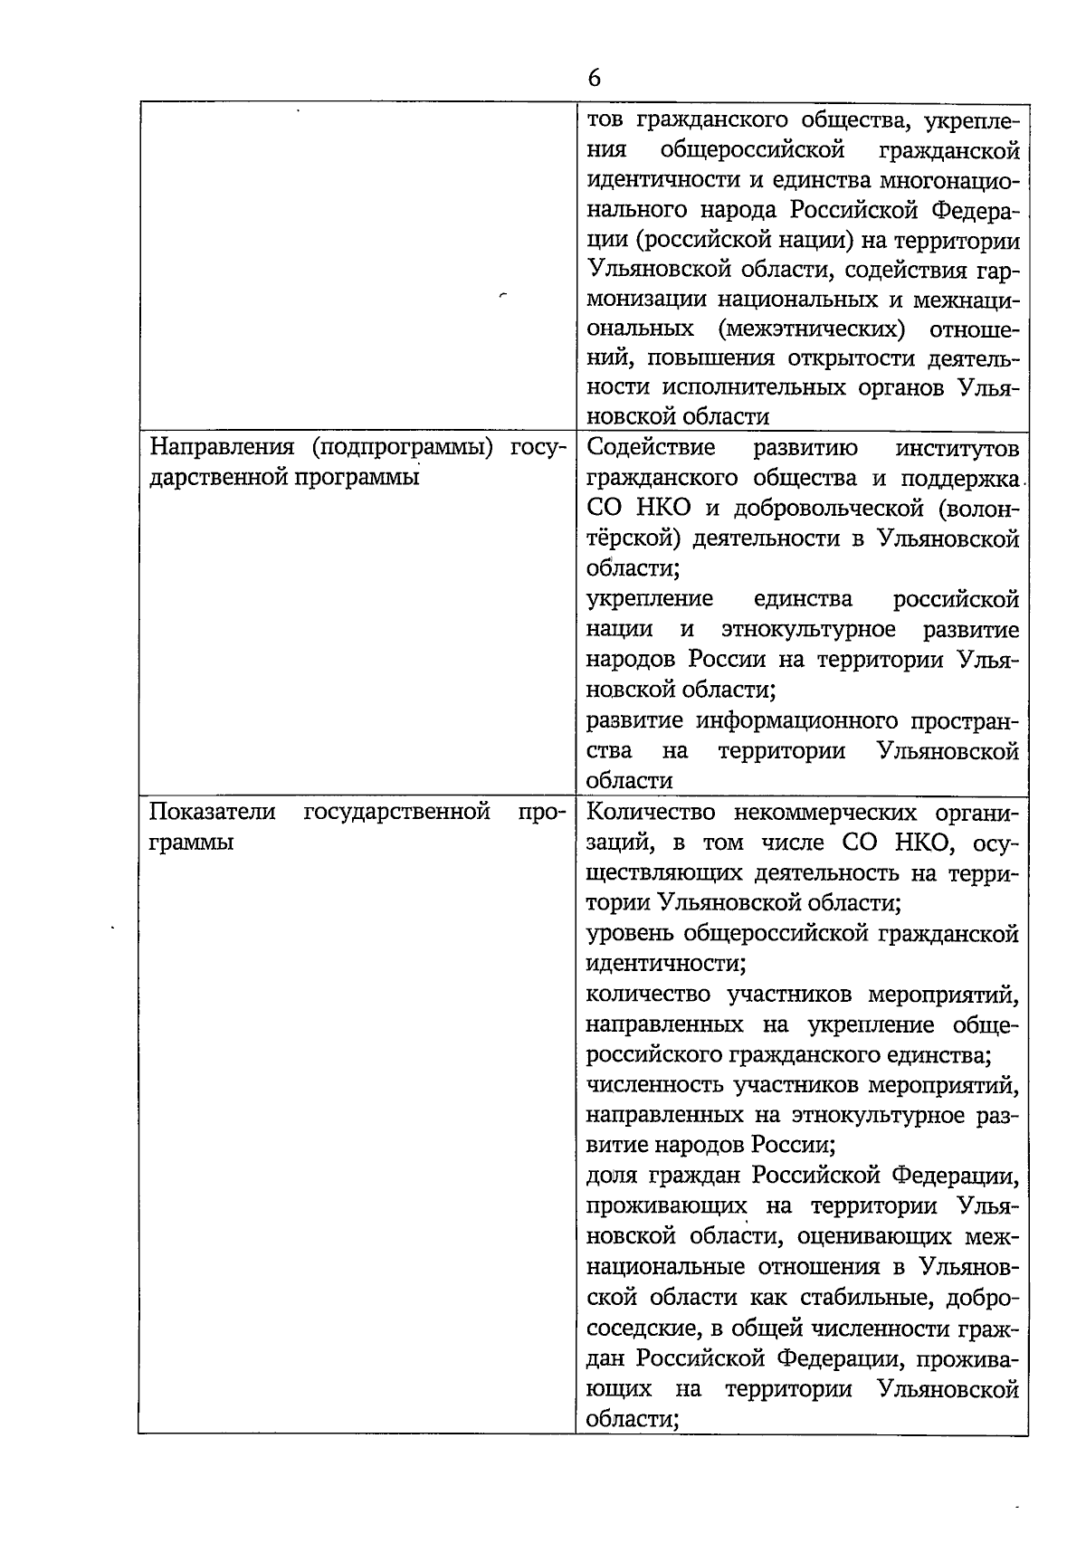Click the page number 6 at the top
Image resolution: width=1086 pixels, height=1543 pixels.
593,79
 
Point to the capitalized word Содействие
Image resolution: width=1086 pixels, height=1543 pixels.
651,448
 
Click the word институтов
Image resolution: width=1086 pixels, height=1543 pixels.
957,448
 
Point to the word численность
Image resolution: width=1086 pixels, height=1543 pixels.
653,1085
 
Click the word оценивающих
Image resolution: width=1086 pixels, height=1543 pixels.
876,1237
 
